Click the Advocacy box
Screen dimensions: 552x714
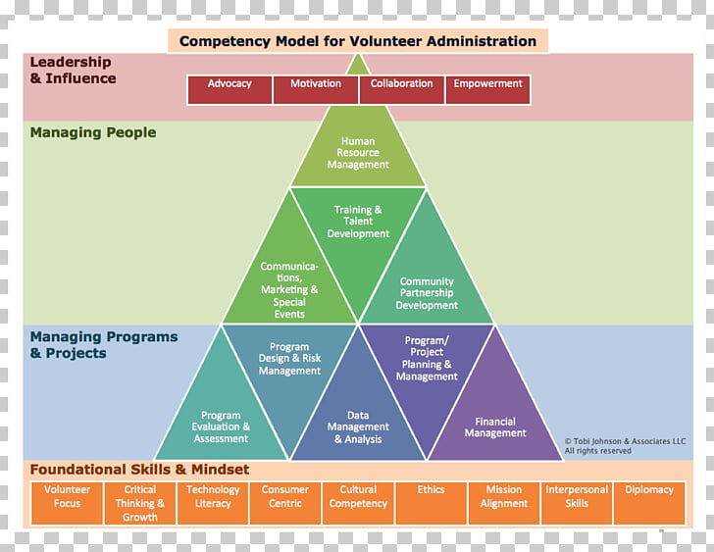pyautogui.click(x=229, y=89)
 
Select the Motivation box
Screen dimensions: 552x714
pyautogui.click(x=316, y=89)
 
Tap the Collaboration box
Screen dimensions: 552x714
pyautogui.click(x=401, y=89)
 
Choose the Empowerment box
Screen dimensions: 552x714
pyautogui.click(x=487, y=89)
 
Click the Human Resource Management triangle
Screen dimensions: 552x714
pyautogui.click(x=358, y=154)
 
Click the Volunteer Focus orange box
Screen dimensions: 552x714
pyautogui.click(x=68, y=503)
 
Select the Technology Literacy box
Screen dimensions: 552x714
pyautogui.click(x=213, y=503)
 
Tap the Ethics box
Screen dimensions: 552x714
pyautogui.click(x=431, y=503)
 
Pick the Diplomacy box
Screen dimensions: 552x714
pyautogui.click(x=649, y=503)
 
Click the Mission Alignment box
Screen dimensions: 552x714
pyautogui.click(x=504, y=503)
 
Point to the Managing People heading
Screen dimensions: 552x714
pyautogui.click(x=93, y=132)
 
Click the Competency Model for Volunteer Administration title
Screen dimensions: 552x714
pyautogui.click(x=358, y=41)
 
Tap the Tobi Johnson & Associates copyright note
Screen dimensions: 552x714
pyautogui.click(x=625, y=446)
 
